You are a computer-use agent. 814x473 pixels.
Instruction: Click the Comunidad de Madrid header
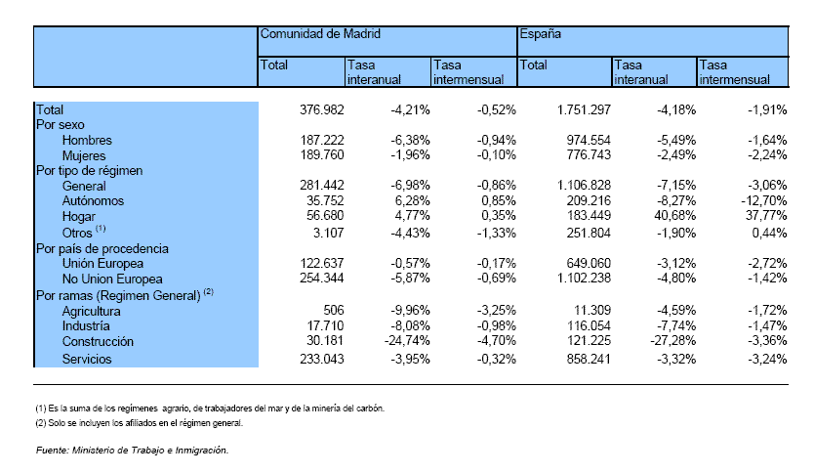[320, 34]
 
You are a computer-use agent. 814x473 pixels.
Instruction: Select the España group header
[541, 34]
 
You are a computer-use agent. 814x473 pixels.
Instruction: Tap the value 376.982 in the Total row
[322, 109]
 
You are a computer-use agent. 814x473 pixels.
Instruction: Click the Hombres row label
[87, 141]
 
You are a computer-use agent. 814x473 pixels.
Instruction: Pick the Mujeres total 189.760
[322, 154]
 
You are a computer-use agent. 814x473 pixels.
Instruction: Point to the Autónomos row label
[93, 201]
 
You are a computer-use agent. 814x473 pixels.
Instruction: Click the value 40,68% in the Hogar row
[674, 215]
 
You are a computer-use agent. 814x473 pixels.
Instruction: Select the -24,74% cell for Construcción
[407, 341]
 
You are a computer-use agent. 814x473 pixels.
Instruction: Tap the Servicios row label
[87, 360]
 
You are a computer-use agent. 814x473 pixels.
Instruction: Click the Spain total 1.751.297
[584, 109]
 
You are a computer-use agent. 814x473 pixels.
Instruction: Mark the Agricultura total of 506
[333, 311]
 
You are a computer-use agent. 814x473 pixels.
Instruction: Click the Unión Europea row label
[102, 264]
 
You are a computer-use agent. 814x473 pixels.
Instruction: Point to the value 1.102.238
[584, 279]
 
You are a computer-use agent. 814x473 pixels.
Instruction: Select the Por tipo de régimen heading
[89, 171]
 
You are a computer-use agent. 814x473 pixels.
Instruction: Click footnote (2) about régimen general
[140, 423]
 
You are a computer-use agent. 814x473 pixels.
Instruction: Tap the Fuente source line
[133, 451]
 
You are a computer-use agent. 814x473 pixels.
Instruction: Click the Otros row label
[84, 232]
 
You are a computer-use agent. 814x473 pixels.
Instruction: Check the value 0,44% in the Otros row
[769, 233]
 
